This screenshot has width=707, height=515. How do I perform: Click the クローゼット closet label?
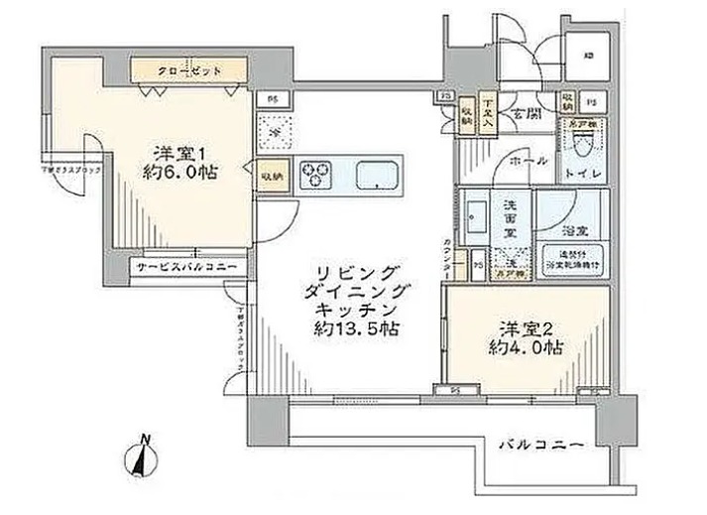click(x=188, y=71)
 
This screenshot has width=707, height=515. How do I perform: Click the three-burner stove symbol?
click(x=317, y=173)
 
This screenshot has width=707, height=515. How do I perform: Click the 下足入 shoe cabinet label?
click(x=489, y=107)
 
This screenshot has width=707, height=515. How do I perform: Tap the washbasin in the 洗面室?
click(x=475, y=215)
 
